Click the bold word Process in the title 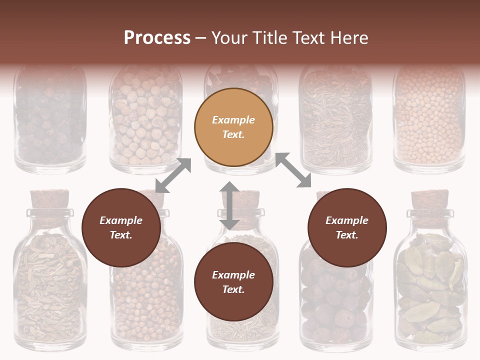(x=157, y=37)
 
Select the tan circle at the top (x=233, y=127)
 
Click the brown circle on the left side (x=121, y=228)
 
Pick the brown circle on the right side (x=347, y=228)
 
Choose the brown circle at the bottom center (x=233, y=282)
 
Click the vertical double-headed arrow (x=229, y=206)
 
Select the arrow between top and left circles (x=173, y=175)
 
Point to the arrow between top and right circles (x=293, y=170)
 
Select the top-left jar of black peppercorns (x=50, y=125)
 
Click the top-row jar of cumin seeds (x=335, y=125)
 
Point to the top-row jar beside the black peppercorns (x=145, y=125)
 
